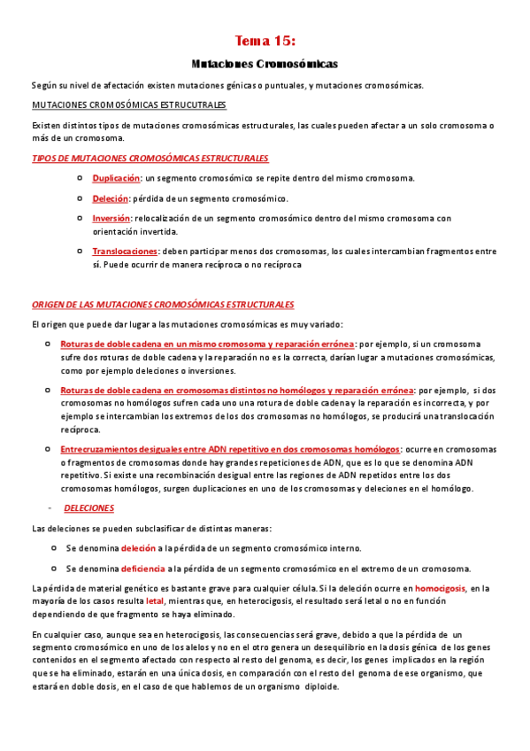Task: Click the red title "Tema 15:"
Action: (x=265, y=41)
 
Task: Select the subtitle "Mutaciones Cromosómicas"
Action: (x=265, y=65)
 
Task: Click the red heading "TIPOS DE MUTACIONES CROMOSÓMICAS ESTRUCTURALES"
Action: (x=150, y=158)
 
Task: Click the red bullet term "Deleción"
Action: (x=111, y=198)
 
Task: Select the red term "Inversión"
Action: (x=111, y=218)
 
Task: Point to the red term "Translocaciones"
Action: (x=125, y=252)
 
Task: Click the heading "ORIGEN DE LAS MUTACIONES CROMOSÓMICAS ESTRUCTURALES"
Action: (x=163, y=304)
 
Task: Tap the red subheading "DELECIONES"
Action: (x=88, y=508)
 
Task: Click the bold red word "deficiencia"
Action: (x=142, y=569)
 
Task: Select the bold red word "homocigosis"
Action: (x=440, y=587)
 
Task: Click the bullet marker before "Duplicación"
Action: (x=81, y=179)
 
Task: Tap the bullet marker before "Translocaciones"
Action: (x=81, y=252)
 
